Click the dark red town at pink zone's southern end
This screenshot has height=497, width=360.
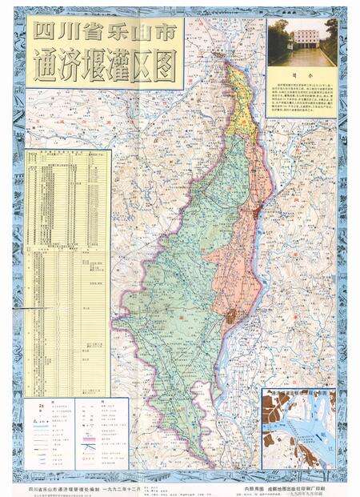click(232, 318)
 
